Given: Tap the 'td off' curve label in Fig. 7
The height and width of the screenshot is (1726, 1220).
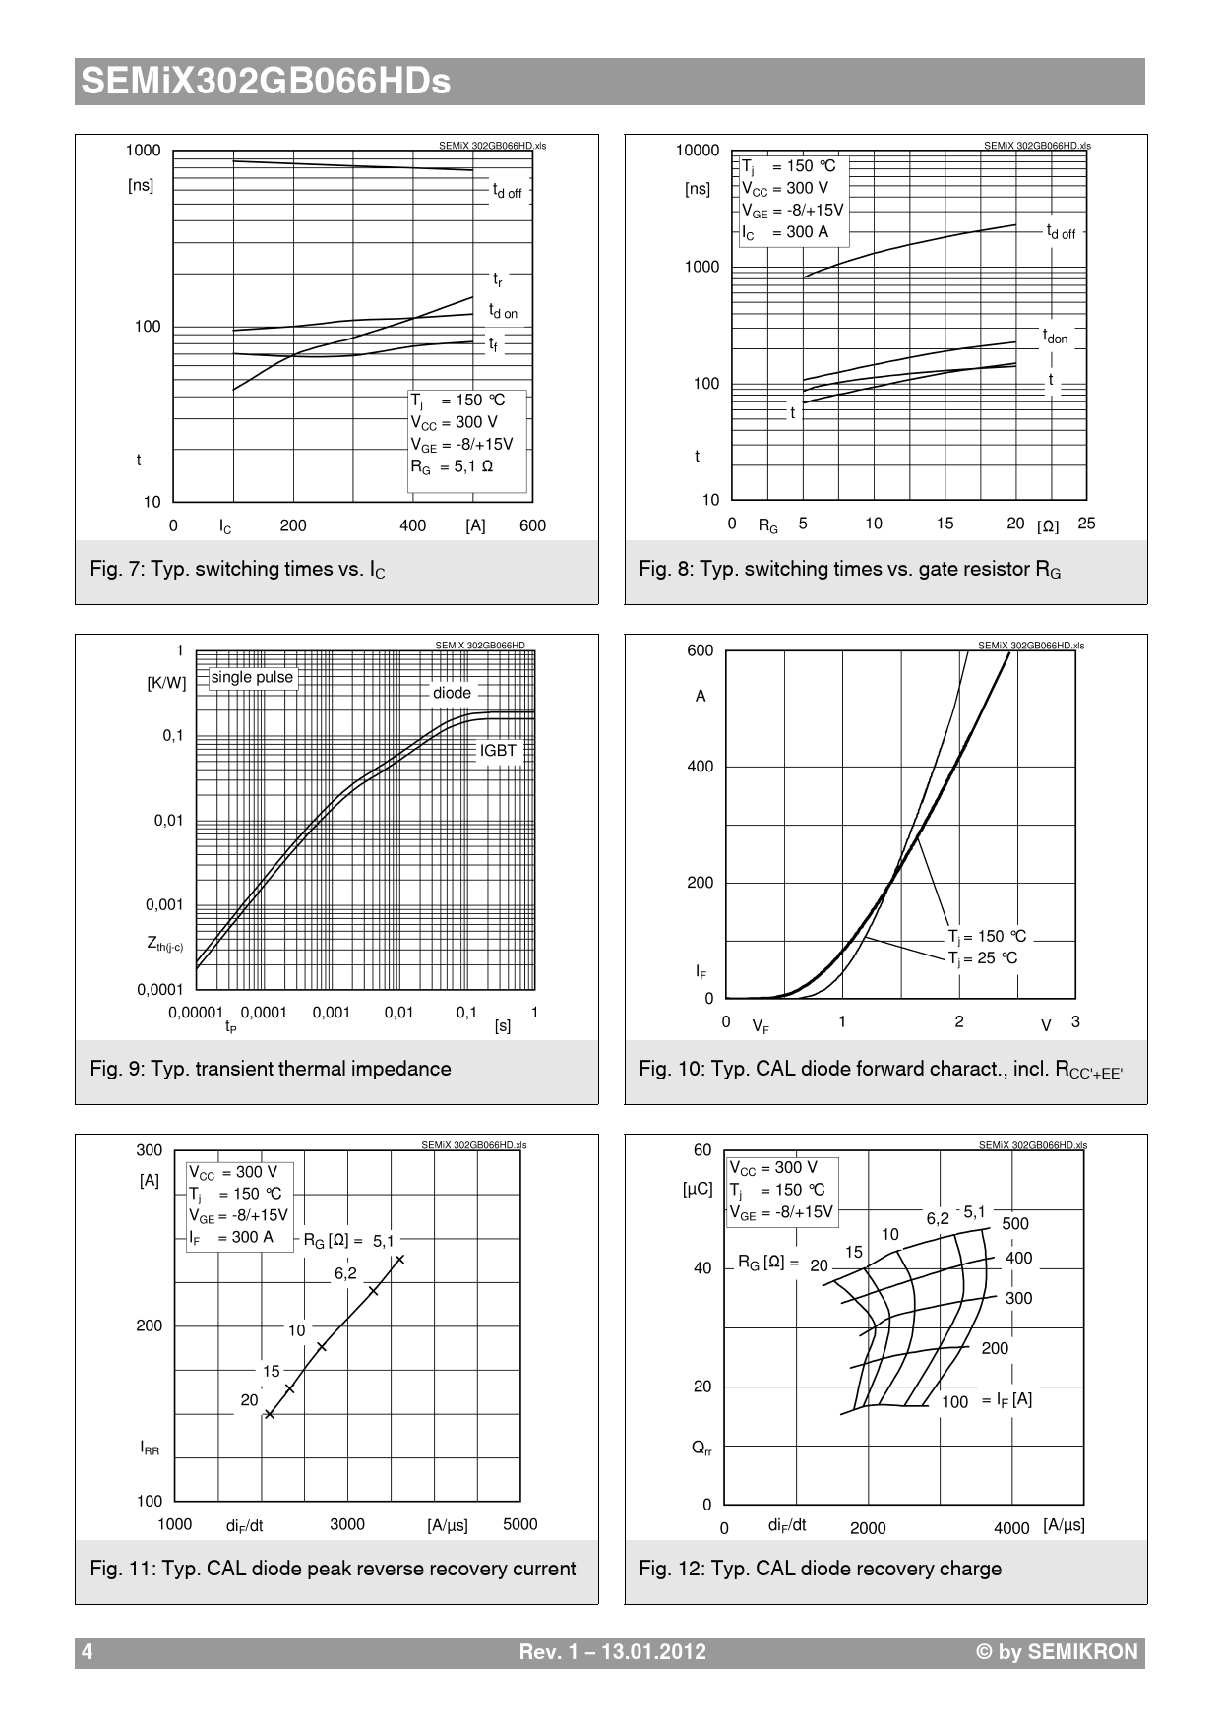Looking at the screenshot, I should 507,191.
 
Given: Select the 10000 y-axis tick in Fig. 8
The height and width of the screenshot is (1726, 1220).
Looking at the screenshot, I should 697,151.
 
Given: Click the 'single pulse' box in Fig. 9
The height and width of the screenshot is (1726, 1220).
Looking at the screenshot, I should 252,677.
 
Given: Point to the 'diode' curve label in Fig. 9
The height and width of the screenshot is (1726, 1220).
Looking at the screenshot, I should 452,693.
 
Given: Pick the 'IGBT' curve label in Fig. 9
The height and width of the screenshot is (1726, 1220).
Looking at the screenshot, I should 498,750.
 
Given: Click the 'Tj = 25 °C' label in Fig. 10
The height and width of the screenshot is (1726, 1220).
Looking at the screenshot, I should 983,958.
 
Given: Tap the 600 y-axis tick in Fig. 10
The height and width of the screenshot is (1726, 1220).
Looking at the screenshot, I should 700,650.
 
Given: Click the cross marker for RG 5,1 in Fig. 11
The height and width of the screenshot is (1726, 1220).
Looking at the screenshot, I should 399,1260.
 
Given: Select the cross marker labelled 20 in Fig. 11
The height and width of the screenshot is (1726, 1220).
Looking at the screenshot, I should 270,1414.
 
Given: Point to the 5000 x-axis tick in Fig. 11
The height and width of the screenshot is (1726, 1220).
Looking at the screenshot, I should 519,1524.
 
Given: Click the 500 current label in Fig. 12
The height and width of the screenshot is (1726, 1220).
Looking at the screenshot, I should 1015,1224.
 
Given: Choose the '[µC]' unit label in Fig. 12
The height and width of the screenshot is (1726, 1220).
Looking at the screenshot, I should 698,1189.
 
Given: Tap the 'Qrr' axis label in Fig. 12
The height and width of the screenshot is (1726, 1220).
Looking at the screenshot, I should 701,1448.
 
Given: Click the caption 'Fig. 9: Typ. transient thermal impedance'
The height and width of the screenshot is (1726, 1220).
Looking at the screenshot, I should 271,1069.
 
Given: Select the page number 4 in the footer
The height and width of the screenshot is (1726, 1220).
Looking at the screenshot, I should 87,1652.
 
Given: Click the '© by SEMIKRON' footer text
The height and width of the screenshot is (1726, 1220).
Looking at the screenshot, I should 1056,1652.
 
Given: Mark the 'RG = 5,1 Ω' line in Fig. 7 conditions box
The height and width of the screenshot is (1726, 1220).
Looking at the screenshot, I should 452,466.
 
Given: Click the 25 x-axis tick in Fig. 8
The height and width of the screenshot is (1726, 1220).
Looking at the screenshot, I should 1086,524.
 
